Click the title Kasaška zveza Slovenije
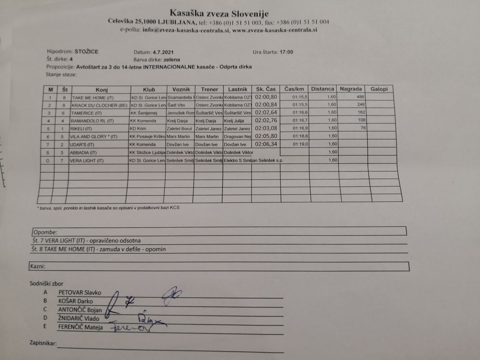tap(219, 13)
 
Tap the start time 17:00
tap(286, 52)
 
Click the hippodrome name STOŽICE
tap(86, 51)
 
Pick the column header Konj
tap(102, 90)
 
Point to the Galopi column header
tap(379, 89)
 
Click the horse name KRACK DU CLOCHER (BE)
tap(99, 106)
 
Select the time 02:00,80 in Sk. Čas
tap(266, 97)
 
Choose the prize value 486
tap(361, 97)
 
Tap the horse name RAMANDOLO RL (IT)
tap(92, 121)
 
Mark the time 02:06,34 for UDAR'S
tap(266, 144)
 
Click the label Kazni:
tap(37, 266)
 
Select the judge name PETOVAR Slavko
tap(80, 292)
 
